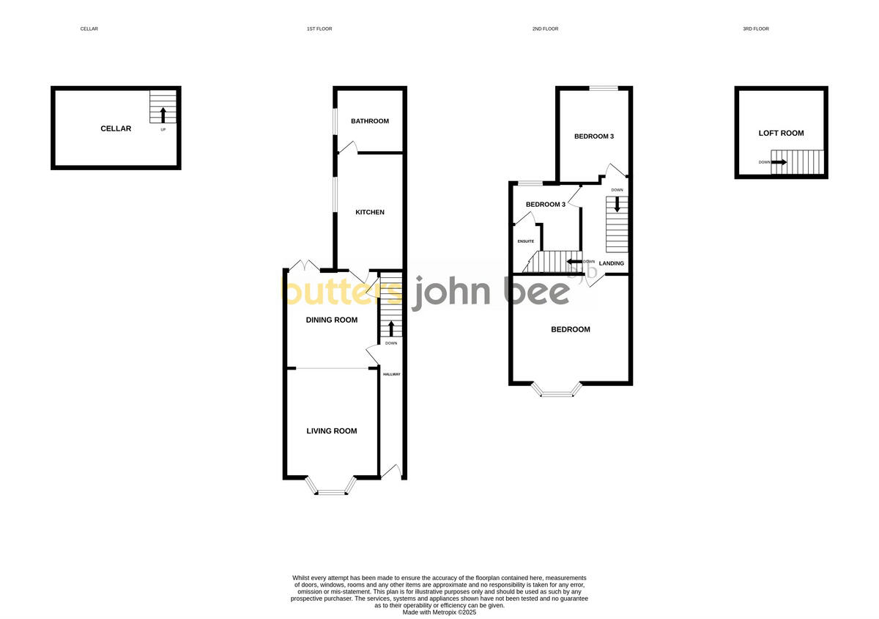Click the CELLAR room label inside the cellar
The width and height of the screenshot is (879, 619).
coord(116,129)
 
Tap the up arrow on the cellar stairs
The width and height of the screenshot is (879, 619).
coord(163,114)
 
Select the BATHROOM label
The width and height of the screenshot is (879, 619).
coord(370,121)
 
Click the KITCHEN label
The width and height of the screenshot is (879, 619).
coord(370,213)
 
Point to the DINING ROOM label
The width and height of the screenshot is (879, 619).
coord(332,320)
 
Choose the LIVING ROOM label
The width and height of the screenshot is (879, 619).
coord(332,431)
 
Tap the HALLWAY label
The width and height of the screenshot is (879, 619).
coord(392,375)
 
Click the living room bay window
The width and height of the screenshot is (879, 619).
coord(331,490)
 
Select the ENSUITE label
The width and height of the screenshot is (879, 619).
coord(526,241)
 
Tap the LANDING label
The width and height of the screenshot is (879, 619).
coord(612,263)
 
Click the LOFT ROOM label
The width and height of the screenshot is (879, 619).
coord(781,133)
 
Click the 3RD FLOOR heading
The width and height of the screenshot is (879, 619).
coord(756,29)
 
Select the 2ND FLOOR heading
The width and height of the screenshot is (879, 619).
coord(545,29)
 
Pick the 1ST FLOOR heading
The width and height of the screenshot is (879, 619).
coord(319,29)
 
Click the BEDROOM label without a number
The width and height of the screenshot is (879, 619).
coord(571,329)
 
